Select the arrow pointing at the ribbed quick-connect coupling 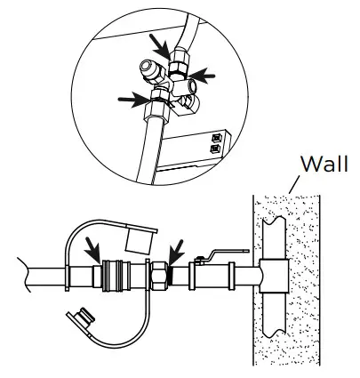pyautogui.click(x=91, y=245)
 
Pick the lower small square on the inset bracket pyautogui.click(x=216, y=150)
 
